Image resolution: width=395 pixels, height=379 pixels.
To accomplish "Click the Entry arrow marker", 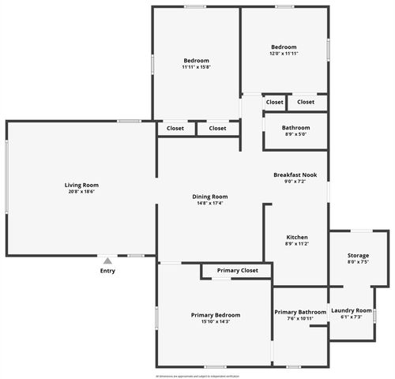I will [107, 260].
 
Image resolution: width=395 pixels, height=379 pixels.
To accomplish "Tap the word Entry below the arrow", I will [107, 271].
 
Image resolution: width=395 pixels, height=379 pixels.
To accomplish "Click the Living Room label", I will [81, 185].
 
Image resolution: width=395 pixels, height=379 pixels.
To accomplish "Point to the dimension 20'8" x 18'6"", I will [81, 191].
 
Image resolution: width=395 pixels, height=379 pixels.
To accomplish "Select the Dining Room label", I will [209, 197].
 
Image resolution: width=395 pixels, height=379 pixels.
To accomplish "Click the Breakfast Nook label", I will [295, 174].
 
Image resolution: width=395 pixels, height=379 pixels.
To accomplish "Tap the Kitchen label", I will [296, 238].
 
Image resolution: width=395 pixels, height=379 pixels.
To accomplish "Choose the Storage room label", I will [358, 255].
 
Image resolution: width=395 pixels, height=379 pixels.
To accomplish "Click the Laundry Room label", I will [351, 310].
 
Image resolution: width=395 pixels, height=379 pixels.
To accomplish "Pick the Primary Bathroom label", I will [300, 313].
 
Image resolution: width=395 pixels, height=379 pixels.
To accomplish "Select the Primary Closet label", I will [238, 271].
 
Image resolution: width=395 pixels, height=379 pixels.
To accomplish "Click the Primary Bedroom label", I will [216, 315].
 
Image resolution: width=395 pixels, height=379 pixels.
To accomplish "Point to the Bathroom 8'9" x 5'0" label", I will [295, 128].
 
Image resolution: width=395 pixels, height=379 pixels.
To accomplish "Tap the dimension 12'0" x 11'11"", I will [283, 54].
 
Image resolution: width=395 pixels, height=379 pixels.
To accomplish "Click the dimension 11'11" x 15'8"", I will [196, 67].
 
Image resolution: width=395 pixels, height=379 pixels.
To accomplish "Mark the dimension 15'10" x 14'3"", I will [216, 321].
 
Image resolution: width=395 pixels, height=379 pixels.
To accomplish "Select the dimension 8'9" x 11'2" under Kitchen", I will [296, 244].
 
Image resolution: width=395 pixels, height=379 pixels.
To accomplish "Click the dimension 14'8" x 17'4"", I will [209, 203].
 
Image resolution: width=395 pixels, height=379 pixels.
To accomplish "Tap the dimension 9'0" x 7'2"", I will [295, 181].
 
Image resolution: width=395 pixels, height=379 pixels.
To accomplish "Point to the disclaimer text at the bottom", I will [197, 375].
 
